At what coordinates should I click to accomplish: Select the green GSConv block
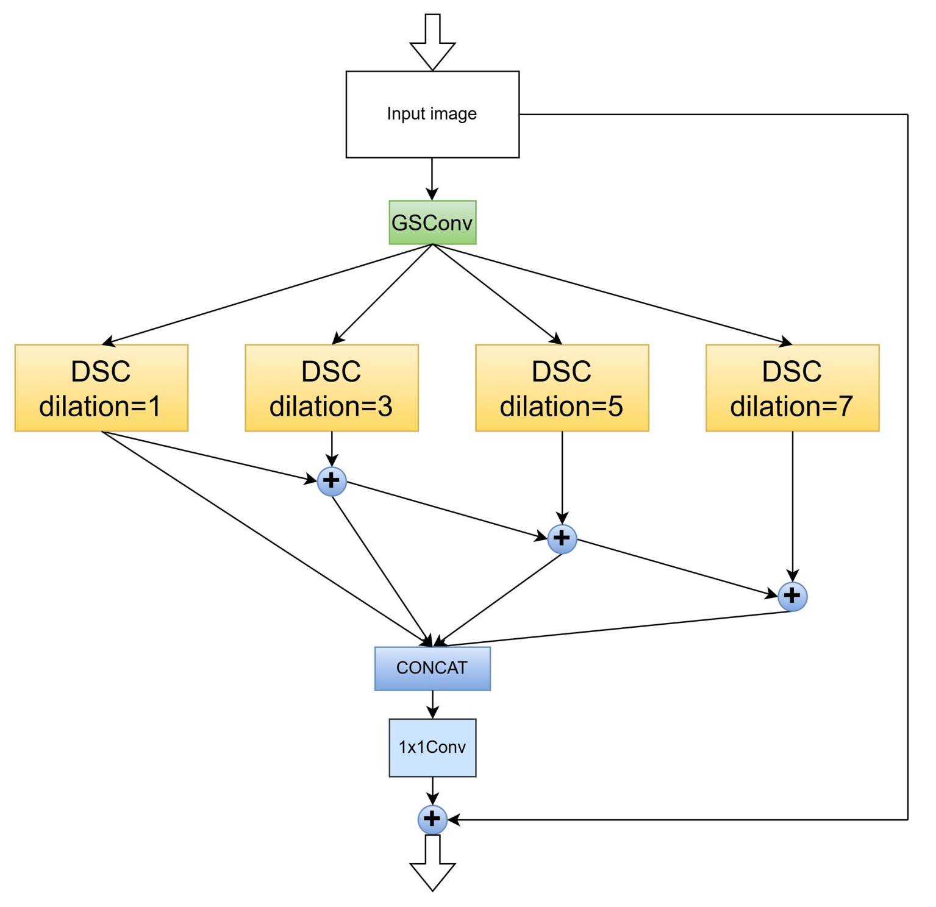[x=432, y=222]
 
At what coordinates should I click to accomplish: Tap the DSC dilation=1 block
[x=101, y=388]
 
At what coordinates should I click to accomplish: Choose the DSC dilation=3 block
[x=332, y=388]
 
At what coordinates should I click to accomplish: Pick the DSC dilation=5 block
[x=562, y=388]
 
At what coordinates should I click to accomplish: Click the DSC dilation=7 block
[x=792, y=388]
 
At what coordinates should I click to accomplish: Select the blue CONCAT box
[x=432, y=669]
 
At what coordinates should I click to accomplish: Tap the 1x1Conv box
[x=432, y=748]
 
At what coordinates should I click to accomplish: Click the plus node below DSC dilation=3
[x=332, y=482]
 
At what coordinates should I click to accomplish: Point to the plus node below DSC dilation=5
[x=562, y=539]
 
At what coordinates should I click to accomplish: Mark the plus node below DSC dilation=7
[x=792, y=596]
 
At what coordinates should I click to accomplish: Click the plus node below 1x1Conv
[x=432, y=819]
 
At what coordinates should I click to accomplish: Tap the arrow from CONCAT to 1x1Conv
[x=432, y=705]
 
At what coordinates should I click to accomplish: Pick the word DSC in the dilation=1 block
[x=101, y=371]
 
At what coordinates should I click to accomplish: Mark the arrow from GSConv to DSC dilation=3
[x=382, y=294]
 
